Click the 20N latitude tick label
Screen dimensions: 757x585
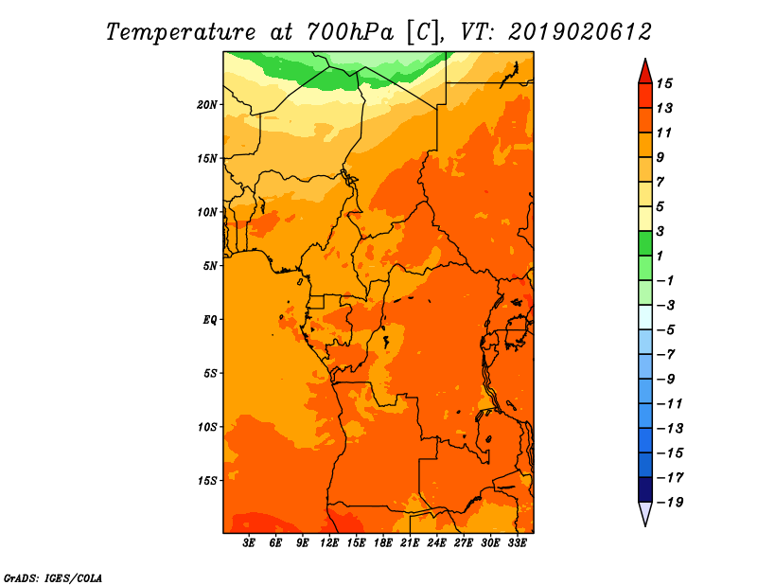(x=206, y=105)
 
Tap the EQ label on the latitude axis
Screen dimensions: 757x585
(x=209, y=320)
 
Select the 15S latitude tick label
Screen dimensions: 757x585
(x=207, y=481)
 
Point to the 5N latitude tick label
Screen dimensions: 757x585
(x=210, y=266)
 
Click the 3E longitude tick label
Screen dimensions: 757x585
(x=249, y=542)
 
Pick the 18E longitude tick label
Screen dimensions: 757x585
(x=383, y=542)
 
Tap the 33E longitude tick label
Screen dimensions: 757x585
(x=517, y=542)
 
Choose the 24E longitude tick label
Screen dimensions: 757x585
(x=436, y=542)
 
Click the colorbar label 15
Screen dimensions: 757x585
(x=664, y=83)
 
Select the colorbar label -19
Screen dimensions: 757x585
(x=670, y=503)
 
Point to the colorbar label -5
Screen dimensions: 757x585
(x=666, y=330)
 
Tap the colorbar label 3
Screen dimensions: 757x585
(x=660, y=231)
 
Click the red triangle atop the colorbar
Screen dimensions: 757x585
(x=645, y=73)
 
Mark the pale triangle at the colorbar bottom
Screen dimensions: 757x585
(x=645, y=512)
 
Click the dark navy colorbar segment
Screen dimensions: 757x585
(x=645, y=489)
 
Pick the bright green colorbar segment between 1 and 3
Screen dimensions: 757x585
(x=645, y=243)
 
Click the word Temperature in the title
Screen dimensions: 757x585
(x=181, y=33)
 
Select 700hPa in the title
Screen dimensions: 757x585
(x=349, y=32)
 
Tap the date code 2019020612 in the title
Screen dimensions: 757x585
(x=580, y=32)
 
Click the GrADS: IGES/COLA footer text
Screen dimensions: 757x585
(x=53, y=578)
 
